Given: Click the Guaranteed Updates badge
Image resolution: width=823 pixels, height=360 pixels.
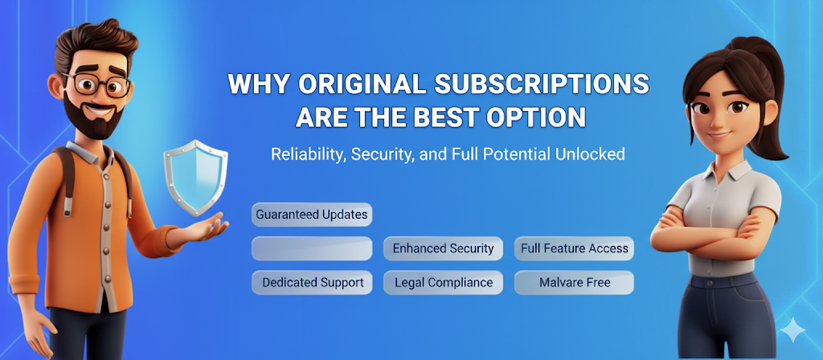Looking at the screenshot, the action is click(312, 215).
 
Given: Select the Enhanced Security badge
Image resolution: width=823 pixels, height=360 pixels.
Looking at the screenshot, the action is click(443, 248).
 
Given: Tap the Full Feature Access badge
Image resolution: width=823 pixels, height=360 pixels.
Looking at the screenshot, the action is click(574, 248).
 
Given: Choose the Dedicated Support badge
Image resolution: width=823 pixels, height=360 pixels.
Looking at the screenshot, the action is click(312, 282).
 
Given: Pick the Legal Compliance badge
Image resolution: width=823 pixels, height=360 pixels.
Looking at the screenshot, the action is click(443, 282).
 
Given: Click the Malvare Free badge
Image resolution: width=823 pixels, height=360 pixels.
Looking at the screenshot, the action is click(574, 282).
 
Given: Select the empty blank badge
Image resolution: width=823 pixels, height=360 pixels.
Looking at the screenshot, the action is click(312, 248).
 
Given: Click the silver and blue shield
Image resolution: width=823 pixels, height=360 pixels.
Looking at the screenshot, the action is click(196, 177).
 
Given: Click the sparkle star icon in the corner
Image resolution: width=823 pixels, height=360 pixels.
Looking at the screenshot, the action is click(792, 330).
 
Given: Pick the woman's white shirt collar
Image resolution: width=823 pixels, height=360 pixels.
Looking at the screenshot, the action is click(723, 166).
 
